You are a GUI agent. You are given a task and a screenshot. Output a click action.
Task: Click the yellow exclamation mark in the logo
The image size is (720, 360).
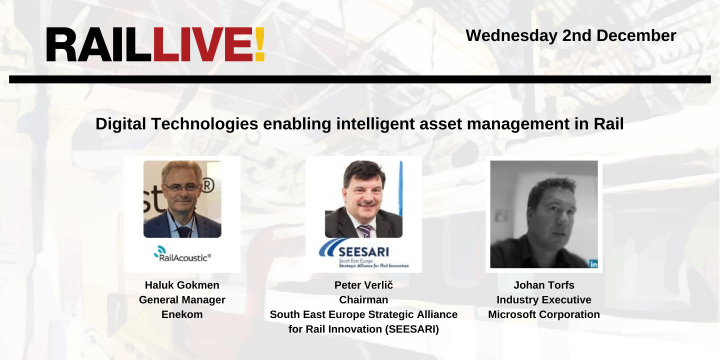click(x=259, y=45)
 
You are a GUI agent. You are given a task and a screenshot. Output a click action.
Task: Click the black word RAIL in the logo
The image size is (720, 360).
click(x=98, y=45)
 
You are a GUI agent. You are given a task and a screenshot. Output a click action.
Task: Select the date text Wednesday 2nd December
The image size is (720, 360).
click(x=571, y=35)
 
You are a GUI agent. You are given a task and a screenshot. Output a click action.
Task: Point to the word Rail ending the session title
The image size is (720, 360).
click(x=608, y=124)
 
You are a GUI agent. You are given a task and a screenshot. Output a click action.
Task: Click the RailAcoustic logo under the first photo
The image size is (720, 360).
click(x=182, y=255)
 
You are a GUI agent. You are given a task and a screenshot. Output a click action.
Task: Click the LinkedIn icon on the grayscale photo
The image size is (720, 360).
click(x=593, y=264)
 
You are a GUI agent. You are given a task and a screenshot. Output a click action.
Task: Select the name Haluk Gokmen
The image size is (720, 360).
click(x=182, y=285)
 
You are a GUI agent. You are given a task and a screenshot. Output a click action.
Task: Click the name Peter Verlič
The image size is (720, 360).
click(x=363, y=285)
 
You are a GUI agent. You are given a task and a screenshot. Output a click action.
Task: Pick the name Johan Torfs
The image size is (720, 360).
click(x=543, y=285)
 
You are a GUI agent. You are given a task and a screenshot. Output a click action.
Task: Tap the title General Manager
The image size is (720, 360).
click(x=182, y=300)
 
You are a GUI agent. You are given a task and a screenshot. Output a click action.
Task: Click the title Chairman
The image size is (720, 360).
click(x=363, y=300)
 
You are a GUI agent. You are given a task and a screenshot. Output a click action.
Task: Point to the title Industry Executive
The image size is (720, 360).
click(x=543, y=300)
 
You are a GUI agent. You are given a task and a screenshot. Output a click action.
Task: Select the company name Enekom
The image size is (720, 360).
click(x=182, y=314)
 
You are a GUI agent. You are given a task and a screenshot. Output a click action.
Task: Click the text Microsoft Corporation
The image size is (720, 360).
click(x=543, y=314)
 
